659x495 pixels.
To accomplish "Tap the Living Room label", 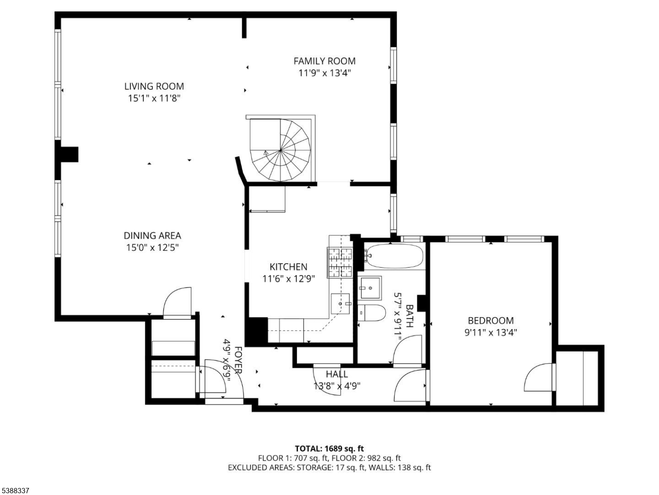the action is tap(154, 86).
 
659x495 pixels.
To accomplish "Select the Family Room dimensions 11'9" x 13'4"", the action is tap(325, 73).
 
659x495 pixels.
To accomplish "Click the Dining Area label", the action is tap(152, 235).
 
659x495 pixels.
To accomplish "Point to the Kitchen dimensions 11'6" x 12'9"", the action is tap(289, 279).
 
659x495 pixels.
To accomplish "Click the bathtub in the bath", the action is tap(394, 256).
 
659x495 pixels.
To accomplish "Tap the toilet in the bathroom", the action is tap(371, 313).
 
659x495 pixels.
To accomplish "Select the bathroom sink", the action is tap(369, 288).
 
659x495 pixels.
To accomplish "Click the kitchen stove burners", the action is tap(340, 262).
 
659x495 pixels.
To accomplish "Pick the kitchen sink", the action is tap(340, 304).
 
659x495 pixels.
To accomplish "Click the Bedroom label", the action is tap(491, 320).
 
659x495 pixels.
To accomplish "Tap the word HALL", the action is tap(337, 374).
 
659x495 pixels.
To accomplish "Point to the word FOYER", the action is tap(238, 360).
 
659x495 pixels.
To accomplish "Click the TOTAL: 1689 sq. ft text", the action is tap(329, 449).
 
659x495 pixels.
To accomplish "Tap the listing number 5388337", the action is tap(14, 491).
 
